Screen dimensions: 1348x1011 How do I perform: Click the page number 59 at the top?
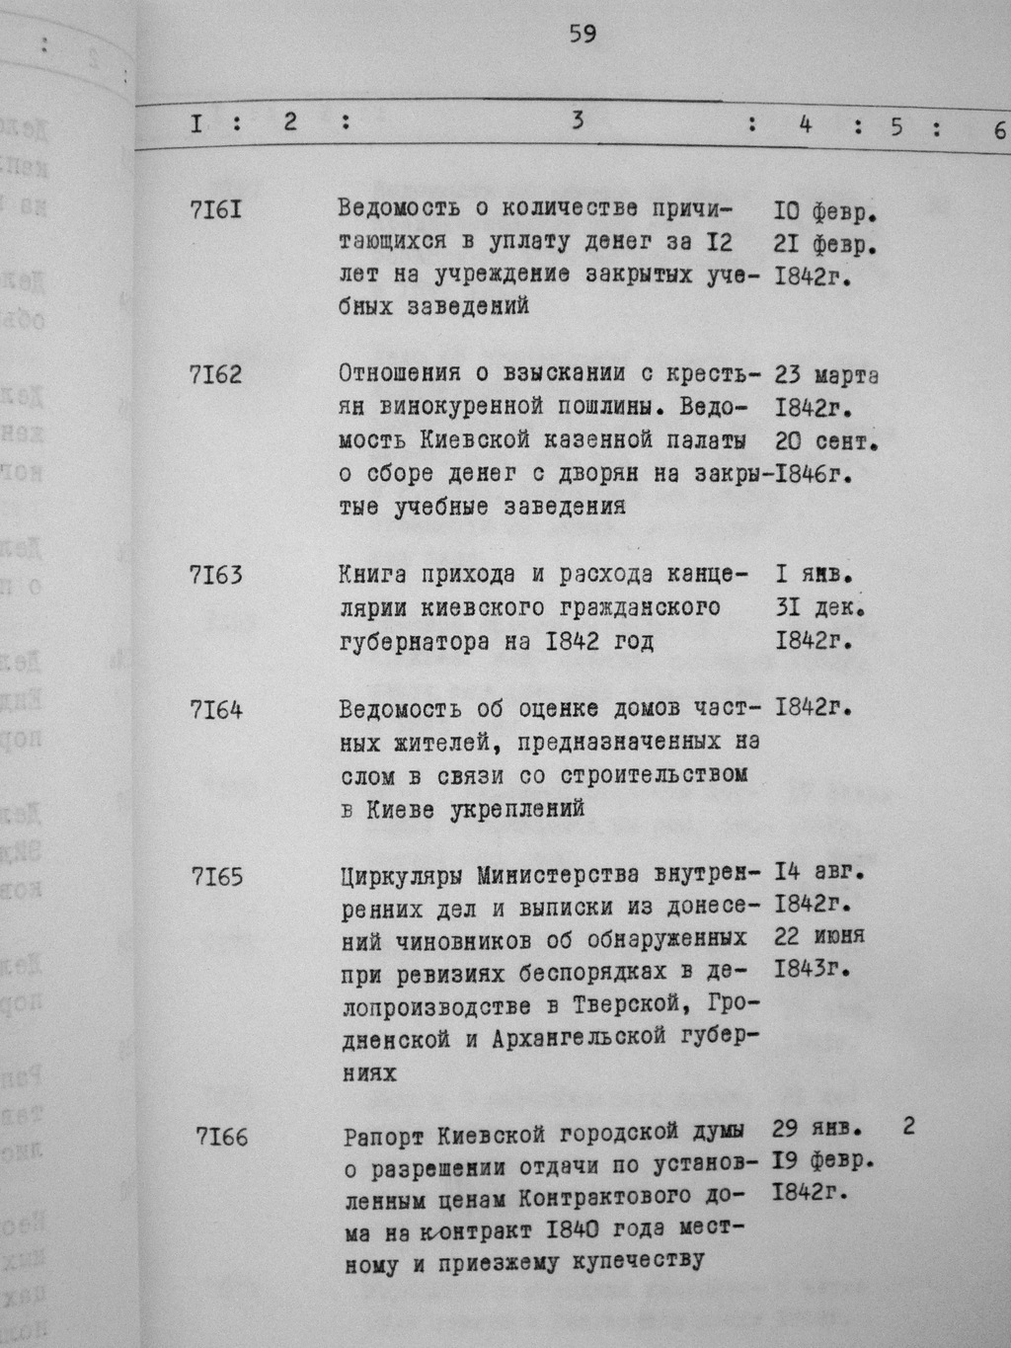click(583, 36)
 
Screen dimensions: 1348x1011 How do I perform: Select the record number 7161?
click(214, 209)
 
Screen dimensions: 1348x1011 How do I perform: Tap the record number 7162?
click(215, 375)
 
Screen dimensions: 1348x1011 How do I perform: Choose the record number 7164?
click(215, 710)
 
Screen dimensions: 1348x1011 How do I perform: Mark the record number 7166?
click(222, 1138)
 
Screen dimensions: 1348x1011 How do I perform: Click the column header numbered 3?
click(578, 120)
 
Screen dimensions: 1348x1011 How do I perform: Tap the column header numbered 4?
click(806, 124)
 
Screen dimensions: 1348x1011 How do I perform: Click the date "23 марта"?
click(827, 375)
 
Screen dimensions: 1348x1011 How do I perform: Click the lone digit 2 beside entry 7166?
click(908, 1126)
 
